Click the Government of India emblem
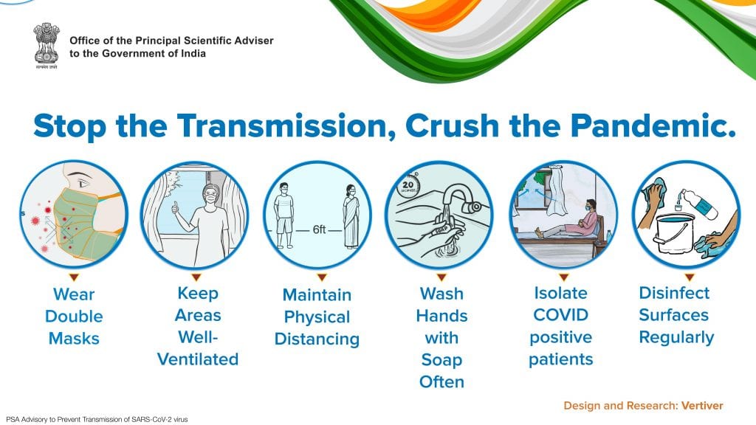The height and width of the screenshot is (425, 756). tap(47, 45)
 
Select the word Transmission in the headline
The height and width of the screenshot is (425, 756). tap(286, 125)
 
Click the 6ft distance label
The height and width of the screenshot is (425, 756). tap(319, 229)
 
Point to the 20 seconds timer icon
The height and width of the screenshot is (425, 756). tap(408, 184)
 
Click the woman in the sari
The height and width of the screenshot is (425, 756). tap(351, 216)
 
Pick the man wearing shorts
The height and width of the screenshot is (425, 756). tap(284, 215)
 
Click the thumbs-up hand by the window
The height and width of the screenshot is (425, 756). tap(175, 207)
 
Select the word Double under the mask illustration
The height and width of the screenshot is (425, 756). tap(74, 316)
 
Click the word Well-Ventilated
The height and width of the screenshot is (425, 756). tap(198, 348)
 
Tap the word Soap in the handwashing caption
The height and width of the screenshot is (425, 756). tap(441, 360)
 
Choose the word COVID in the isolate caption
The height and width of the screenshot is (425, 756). tap(560, 314)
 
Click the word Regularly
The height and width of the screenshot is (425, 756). tap(676, 338)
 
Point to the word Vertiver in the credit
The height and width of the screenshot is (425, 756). tap(702, 406)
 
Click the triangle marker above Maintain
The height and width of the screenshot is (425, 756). tap(322, 277)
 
